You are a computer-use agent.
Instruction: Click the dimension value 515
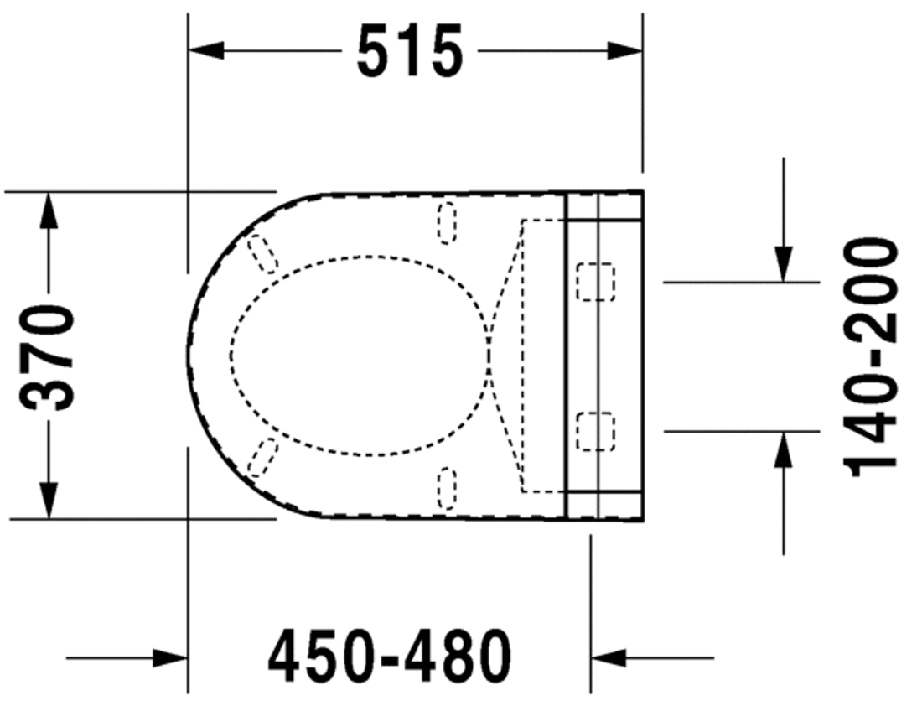410,51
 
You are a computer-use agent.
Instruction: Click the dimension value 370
48,357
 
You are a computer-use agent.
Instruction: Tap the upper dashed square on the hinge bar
595,281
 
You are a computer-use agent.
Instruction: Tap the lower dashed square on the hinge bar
595,431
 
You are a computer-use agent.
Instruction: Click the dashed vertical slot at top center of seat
448,223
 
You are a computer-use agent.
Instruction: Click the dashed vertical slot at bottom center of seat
448,489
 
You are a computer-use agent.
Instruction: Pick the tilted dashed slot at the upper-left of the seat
262,253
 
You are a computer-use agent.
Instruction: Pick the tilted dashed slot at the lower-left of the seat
262,457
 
